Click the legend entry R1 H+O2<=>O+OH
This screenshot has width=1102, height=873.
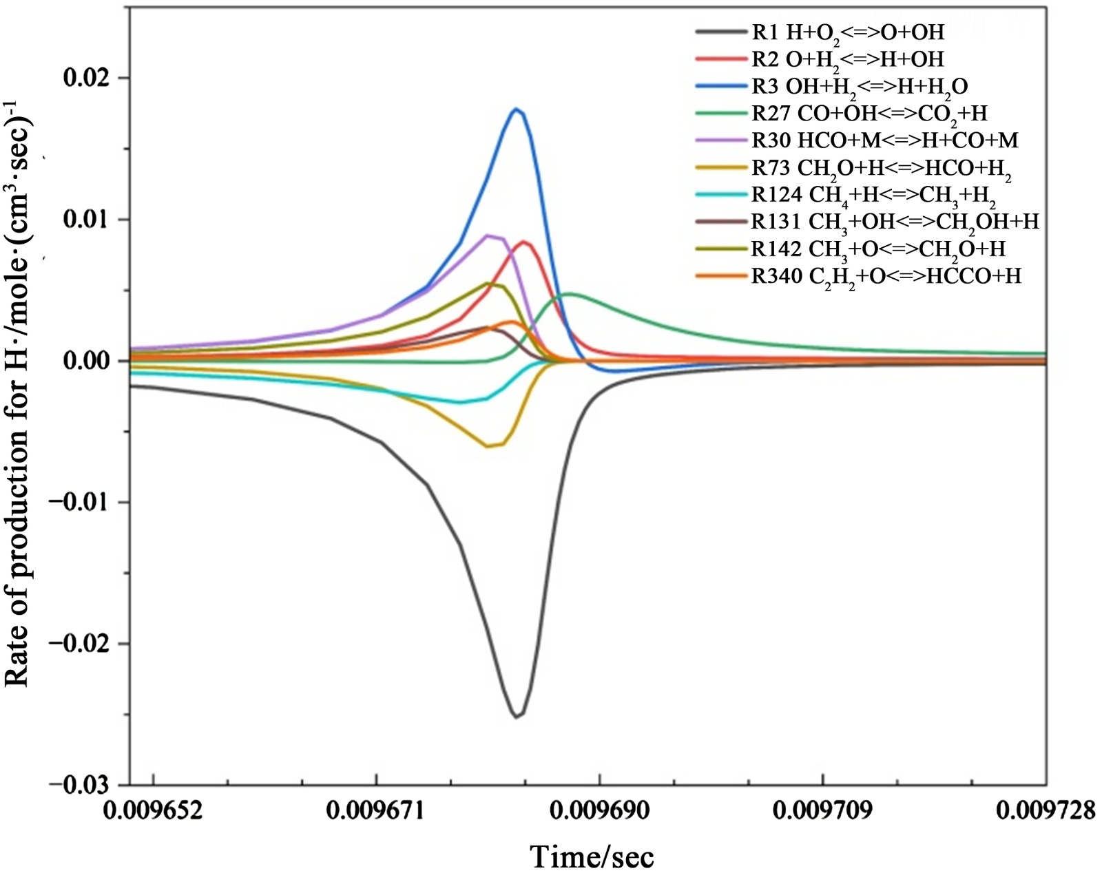[x=847, y=32]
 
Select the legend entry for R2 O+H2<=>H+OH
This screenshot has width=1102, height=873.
[x=847, y=59]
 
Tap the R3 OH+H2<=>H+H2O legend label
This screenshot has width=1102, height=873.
[x=859, y=86]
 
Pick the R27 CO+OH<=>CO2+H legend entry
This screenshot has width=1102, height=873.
[x=869, y=113]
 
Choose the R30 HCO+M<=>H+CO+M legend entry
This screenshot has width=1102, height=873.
[x=884, y=140]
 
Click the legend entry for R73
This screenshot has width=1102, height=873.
[x=881, y=168]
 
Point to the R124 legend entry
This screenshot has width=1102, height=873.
[x=873, y=196]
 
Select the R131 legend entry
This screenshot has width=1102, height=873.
[x=895, y=222]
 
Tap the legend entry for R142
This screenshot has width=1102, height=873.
[x=878, y=249]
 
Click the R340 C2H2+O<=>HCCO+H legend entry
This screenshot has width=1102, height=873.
[x=886, y=276]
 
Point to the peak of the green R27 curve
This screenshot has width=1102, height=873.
[x=570, y=294]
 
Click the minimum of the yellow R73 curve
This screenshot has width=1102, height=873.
[x=488, y=446]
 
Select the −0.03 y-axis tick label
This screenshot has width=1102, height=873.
[x=76, y=784]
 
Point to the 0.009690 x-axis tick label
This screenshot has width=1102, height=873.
[x=600, y=810]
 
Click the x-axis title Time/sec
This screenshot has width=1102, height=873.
[x=592, y=856]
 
